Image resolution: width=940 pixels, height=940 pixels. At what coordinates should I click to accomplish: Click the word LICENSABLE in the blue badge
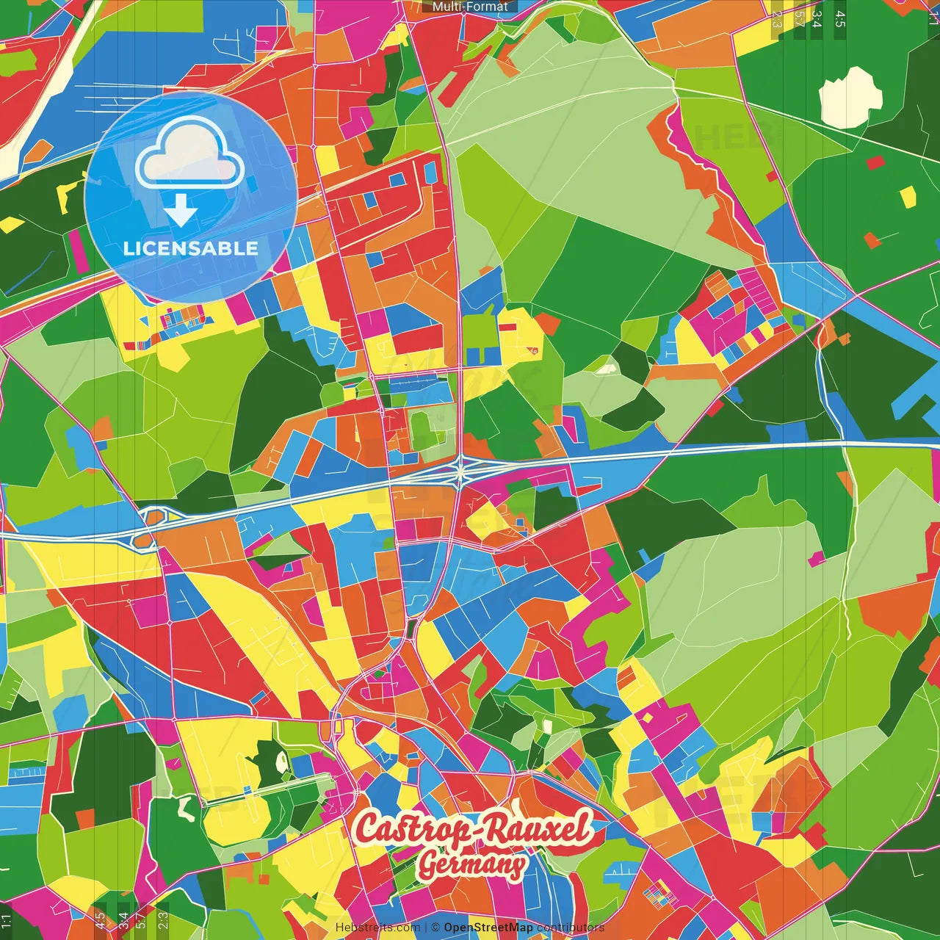point(191,248)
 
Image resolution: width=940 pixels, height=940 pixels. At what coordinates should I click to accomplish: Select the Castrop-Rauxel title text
point(473,828)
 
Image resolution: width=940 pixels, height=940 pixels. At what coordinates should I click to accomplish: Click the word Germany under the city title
point(472,864)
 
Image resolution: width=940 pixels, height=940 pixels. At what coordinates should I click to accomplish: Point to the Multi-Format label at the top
point(470,7)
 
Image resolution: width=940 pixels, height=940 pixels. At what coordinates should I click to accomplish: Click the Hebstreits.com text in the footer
point(377,928)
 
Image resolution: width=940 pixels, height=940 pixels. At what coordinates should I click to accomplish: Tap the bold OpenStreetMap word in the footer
point(488,928)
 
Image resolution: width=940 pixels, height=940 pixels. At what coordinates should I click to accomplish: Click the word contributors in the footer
point(571,928)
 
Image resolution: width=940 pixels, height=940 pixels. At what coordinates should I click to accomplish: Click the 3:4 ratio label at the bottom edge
point(123,919)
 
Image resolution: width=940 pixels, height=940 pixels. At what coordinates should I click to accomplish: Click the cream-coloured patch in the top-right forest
point(850,98)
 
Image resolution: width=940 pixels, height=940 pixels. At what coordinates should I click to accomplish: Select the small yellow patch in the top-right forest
point(908,197)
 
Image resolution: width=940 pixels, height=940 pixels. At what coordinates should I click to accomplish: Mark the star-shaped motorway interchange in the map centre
point(460,471)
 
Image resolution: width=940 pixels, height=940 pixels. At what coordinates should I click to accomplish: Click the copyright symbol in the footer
point(435,928)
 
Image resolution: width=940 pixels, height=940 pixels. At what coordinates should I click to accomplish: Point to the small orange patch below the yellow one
point(872,240)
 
